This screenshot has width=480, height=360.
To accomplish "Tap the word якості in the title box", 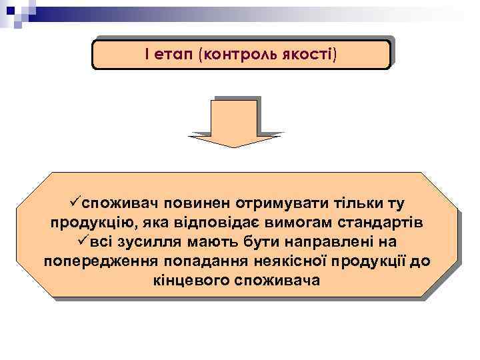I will coord(311,54).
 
